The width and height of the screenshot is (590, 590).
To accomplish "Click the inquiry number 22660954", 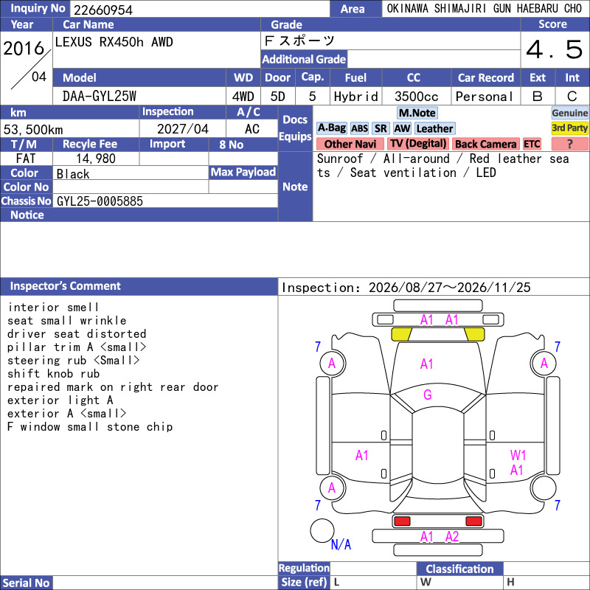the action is (x=103, y=10).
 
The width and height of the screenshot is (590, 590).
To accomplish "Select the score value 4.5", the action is (x=555, y=49).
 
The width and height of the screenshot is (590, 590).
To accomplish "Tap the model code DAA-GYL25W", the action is (x=100, y=97).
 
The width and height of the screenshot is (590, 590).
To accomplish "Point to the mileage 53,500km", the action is (x=33, y=130).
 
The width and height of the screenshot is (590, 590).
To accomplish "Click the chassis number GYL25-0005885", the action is (x=100, y=201).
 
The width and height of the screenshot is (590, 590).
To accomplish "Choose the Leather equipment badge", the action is (x=435, y=128).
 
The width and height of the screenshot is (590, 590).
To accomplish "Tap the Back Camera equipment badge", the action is (x=485, y=144).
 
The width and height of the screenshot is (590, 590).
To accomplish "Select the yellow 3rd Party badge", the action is (x=569, y=128).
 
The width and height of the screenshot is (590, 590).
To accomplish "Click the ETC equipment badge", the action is (x=532, y=144).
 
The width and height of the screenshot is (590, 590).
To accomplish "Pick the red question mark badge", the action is (x=569, y=144).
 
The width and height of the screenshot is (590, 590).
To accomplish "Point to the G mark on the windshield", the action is (x=428, y=395).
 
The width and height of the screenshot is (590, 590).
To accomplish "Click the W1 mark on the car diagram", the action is (x=518, y=455).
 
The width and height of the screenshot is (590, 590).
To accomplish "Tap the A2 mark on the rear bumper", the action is (x=452, y=537).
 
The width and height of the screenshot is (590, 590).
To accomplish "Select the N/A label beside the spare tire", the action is (x=341, y=544).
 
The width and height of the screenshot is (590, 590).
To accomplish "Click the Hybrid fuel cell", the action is (x=356, y=97).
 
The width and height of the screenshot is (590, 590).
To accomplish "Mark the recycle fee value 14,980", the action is (x=96, y=159).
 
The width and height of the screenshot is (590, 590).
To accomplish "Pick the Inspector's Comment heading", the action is (x=66, y=286).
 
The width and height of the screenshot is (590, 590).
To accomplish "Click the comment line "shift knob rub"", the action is (x=53, y=374).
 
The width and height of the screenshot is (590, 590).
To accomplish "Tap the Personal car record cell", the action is (x=485, y=97).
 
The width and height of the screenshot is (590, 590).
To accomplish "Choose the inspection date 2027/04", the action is (x=183, y=129).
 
